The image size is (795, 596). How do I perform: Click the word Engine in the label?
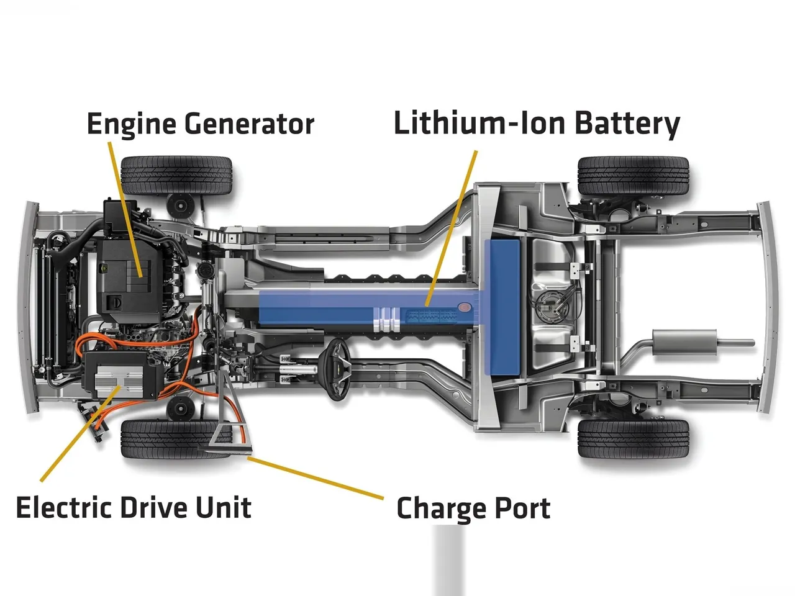(x=132, y=125)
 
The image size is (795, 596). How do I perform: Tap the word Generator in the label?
(x=250, y=124)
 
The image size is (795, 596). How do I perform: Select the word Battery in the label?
(x=627, y=124)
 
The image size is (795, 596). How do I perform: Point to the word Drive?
(x=153, y=507)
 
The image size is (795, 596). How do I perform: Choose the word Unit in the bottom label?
(x=224, y=507)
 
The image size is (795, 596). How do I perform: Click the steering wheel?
(x=337, y=369)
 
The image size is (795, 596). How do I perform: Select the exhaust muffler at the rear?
(x=684, y=342)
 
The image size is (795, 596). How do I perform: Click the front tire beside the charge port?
(x=177, y=439)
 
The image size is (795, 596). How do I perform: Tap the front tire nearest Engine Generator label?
(x=176, y=176)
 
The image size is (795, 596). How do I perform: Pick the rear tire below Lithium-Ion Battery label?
(x=634, y=176)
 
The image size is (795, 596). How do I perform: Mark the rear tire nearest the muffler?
(x=634, y=438)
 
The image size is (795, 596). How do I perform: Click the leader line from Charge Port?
(x=316, y=478)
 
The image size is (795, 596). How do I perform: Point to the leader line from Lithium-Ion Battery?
(x=452, y=228)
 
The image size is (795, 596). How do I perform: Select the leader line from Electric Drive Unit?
(x=80, y=433)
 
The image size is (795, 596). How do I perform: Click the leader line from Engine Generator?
(x=125, y=209)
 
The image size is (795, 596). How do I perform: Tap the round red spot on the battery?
(x=465, y=307)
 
